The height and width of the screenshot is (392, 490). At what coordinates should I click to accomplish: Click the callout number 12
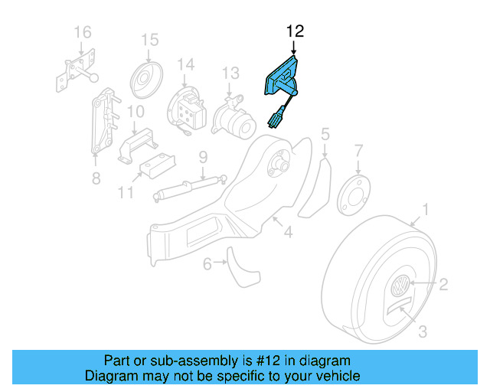(295, 31)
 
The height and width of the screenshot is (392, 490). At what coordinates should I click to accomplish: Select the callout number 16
(82, 31)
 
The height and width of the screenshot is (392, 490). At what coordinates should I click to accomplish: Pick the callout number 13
(231, 73)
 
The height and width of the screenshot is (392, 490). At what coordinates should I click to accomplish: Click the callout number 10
(135, 112)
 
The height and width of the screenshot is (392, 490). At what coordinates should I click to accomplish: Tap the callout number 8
(95, 178)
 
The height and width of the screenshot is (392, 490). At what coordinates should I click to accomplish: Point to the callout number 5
(325, 135)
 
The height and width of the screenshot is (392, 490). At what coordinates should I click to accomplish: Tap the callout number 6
(207, 264)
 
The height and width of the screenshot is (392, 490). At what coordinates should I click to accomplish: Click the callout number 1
(426, 208)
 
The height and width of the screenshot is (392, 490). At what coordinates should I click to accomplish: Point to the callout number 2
(443, 285)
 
